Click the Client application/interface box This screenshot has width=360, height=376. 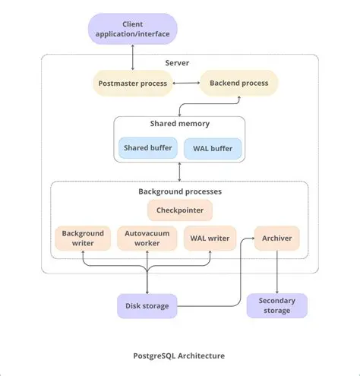pos(133,30)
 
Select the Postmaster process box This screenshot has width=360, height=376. pos(134,82)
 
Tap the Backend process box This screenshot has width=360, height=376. pos(238,82)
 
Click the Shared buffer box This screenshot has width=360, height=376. pos(147,147)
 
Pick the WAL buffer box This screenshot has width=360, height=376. pos(213,147)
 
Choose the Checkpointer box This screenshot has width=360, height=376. pos(179,210)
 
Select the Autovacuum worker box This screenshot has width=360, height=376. pos(147,239)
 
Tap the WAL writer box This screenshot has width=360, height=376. pos(210,239)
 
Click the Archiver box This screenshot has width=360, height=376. pos(276,239)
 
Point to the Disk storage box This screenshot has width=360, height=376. pos(147,306)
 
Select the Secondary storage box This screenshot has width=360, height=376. pos(276,305)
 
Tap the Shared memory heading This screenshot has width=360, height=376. pos(179,124)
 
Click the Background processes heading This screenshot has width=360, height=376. pos(179,191)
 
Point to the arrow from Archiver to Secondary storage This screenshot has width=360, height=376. pos(276,272)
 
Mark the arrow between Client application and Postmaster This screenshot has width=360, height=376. pos(133,56)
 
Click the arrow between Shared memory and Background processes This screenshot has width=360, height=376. pos(179,171)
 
